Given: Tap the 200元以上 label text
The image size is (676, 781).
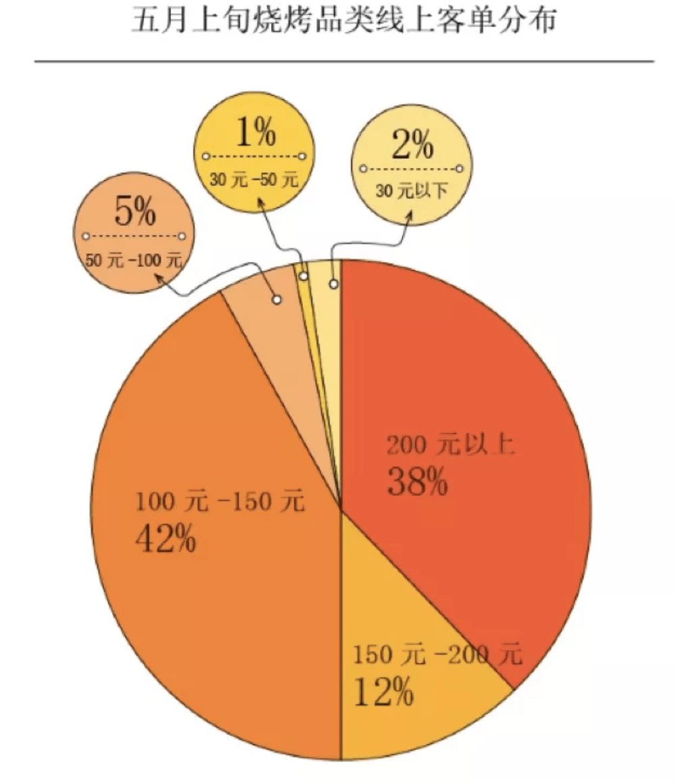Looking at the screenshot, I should [452, 445].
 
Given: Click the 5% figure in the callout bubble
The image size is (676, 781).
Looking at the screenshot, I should [135, 213].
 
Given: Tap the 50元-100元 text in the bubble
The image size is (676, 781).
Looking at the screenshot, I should [135, 260].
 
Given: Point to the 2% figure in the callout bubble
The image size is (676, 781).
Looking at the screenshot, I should [412, 146].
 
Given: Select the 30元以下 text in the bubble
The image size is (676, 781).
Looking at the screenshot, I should [412, 191].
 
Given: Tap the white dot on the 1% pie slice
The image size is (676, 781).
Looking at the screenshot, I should [304, 276].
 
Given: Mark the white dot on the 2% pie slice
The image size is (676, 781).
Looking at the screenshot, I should [333, 284].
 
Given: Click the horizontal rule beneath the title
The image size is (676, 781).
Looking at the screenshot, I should [344, 61].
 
